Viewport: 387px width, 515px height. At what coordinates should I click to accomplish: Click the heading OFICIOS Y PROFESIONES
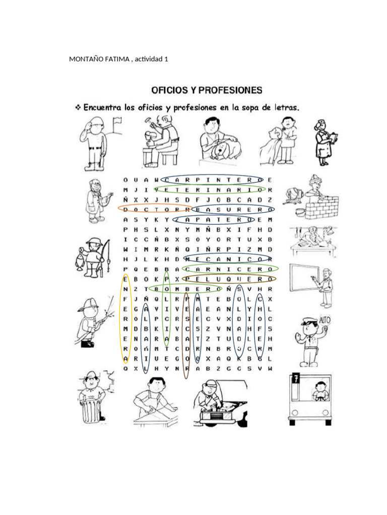[x=207, y=91]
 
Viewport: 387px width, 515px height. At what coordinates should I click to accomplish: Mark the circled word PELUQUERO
[x=229, y=278]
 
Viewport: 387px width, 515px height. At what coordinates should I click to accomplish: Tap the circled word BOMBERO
[x=185, y=289]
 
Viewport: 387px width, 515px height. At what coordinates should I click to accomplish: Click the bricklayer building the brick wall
[x=312, y=198]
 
